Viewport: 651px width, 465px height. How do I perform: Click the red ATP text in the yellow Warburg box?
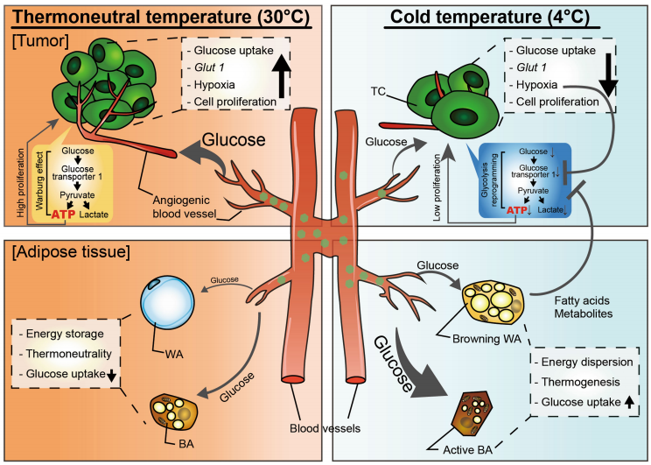pos(64,215)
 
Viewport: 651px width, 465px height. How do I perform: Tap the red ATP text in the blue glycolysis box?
pos(517,210)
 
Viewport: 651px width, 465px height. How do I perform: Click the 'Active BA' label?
pos(468,450)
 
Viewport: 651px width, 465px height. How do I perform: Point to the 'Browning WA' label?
pos(486,339)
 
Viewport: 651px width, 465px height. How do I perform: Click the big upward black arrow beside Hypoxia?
pos(282,75)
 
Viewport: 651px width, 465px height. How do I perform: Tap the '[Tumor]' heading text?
pos(40,41)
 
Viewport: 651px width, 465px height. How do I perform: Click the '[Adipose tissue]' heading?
pos(71,252)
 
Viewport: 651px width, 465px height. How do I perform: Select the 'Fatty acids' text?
pos(582,300)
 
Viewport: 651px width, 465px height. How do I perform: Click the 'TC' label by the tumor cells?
pos(378,91)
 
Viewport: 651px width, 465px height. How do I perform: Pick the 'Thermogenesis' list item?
pos(580,382)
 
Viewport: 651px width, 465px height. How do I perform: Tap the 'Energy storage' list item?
pos(65,334)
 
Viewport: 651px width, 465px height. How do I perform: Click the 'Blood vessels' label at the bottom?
pos(325,428)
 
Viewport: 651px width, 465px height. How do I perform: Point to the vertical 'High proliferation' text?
pos(21,183)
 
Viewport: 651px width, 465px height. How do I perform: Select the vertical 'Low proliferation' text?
pos(437,187)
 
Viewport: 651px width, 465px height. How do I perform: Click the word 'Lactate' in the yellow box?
pos(94,215)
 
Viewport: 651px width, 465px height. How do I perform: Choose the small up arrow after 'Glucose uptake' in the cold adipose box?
pos(629,402)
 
